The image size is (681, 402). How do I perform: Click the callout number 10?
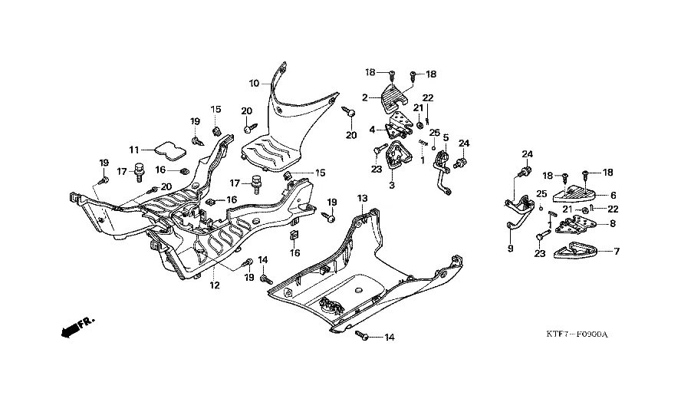(x=254, y=83)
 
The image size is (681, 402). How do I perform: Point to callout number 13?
(x=363, y=198)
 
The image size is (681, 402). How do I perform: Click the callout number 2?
(x=366, y=97)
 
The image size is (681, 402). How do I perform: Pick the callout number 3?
(x=392, y=186)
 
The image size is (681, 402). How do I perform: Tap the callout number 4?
(x=372, y=129)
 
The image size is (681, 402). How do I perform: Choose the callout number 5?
(x=445, y=139)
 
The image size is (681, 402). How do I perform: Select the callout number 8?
(x=611, y=224)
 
